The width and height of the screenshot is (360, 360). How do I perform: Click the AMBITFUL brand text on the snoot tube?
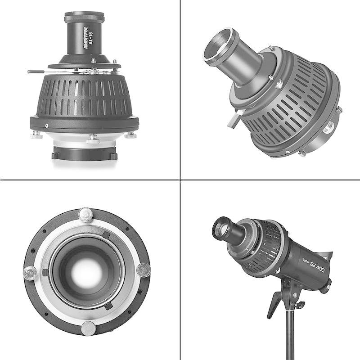pos(85,38)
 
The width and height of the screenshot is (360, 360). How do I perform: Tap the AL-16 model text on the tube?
pos(91,38)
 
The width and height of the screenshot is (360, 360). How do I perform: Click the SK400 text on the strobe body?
pos(318,267)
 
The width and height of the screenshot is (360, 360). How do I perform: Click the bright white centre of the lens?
pos(86,272)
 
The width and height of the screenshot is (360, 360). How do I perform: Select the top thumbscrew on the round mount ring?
pos(85,215)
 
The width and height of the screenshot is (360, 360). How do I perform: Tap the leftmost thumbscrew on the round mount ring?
pos(30,273)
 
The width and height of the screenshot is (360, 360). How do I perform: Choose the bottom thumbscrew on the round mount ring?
pos(88,328)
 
